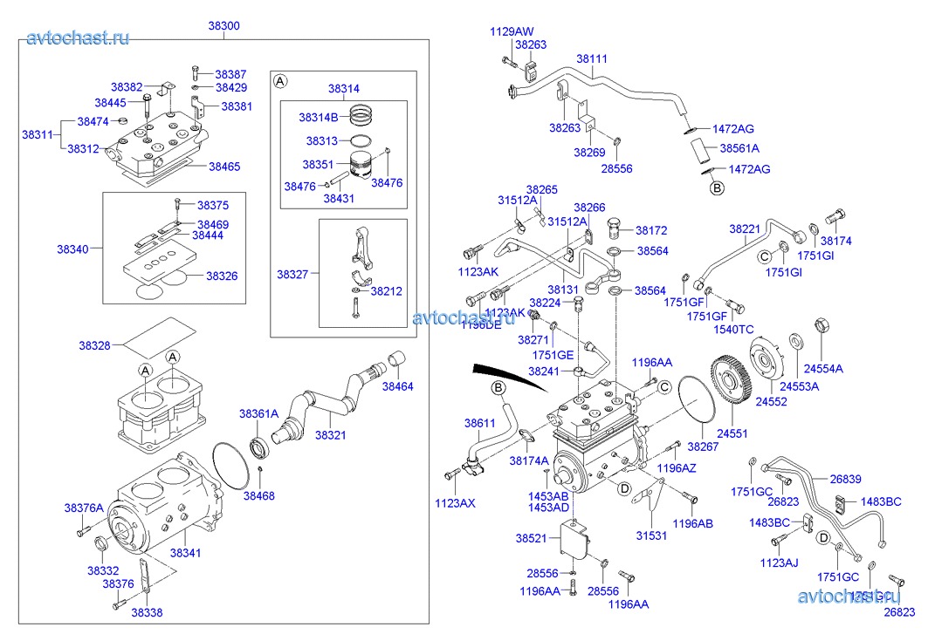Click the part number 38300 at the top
223,26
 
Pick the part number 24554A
823,369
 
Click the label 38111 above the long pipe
591,60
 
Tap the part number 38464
398,386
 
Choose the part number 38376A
83,508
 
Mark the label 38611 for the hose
479,423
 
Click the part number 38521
531,539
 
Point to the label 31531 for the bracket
651,535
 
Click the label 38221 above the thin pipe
745,228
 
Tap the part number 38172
651,231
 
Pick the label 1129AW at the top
511,31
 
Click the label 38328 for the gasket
94,345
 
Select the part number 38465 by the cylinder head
224,166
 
